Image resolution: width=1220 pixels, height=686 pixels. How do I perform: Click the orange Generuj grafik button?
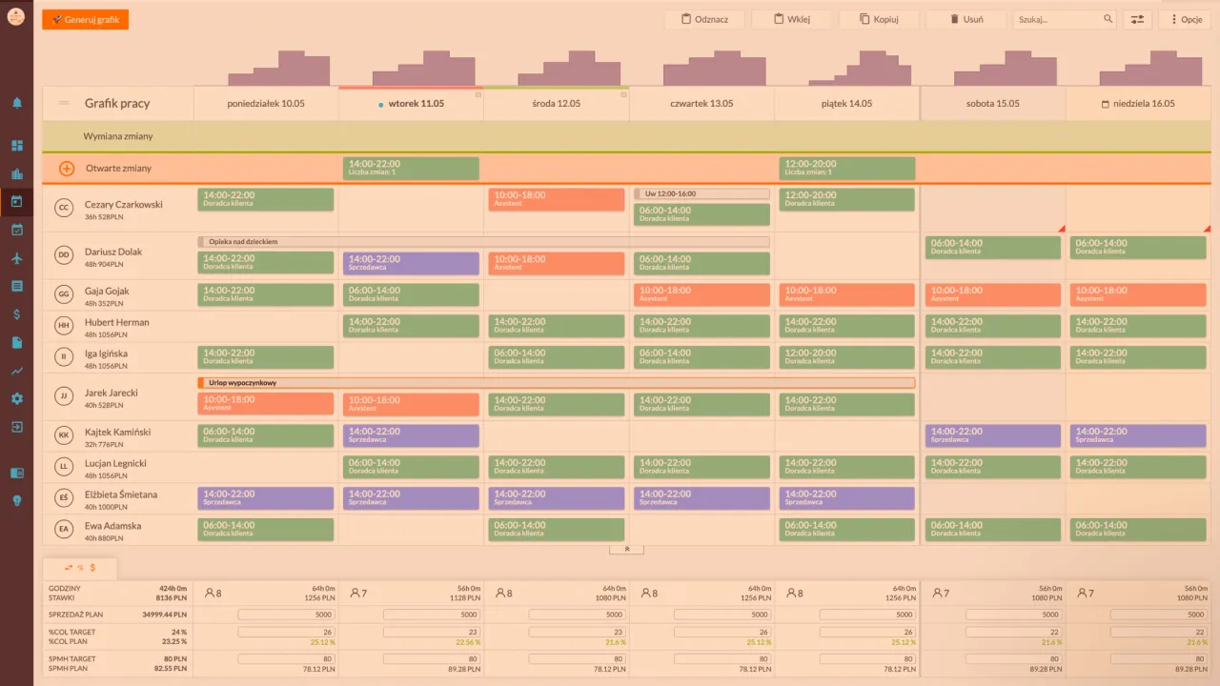[85, 19]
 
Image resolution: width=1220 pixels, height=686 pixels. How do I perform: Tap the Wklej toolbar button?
[792, 19]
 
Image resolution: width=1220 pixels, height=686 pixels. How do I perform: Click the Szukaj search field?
[1058, 19]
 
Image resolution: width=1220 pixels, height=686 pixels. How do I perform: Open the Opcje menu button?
[1184, 19]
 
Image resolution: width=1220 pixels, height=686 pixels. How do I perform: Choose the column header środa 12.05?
[556, 103]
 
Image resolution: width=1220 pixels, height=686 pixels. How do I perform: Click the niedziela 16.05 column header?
[1138, 103]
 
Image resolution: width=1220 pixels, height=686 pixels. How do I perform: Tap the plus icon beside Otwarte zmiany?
[67, 169]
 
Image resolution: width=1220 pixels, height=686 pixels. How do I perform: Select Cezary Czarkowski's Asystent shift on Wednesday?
[556, 199]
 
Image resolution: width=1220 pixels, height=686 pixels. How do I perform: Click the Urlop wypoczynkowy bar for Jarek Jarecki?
[556, 383]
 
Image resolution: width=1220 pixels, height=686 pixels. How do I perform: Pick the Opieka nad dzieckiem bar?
[483, 242]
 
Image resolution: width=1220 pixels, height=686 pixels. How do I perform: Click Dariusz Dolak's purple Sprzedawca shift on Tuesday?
[411, 263]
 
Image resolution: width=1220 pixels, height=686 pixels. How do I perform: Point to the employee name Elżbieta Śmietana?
[121, 494]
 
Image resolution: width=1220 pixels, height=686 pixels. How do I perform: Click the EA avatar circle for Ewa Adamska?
[64, 530]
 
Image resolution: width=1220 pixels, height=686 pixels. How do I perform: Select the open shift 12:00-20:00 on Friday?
[846, 169]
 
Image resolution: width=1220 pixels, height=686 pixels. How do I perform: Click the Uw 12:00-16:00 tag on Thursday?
[701, 193]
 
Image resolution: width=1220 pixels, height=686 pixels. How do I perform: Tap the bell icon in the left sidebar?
[17, 103]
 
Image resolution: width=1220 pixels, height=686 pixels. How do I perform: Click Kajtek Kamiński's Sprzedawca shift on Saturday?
[992, 435]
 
